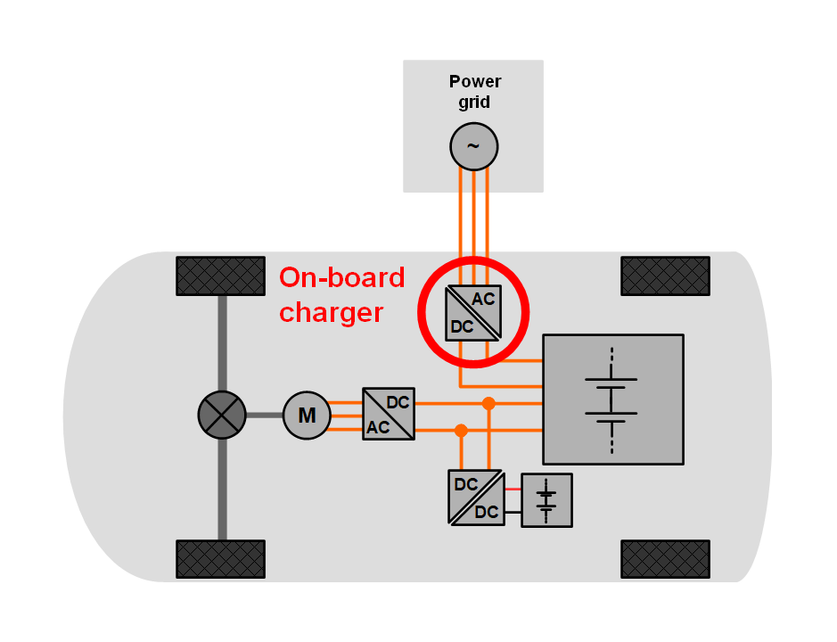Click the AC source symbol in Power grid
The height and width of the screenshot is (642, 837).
[473, 146]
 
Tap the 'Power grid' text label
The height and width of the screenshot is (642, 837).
[474, 92]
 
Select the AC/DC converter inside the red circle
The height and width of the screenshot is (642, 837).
[473, 313]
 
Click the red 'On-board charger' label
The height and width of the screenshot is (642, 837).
[341, 295]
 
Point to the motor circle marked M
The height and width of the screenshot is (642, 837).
[307, 416]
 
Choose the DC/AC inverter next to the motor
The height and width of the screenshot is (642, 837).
[389, 414]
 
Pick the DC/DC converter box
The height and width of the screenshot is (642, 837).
[476, 498]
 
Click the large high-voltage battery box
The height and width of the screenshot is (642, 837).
[613, 399]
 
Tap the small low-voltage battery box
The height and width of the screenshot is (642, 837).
[546, 500]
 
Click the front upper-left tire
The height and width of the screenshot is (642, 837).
[220, 276]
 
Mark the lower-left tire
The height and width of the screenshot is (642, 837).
[220, 559]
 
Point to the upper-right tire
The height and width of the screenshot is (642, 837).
[665, 276]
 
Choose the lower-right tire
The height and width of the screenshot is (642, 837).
[665, 559]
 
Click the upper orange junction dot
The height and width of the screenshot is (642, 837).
[488, 403]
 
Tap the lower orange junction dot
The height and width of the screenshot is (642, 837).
[461, 431]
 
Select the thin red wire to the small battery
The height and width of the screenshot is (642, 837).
[512, 489]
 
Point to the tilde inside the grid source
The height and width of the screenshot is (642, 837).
[473, 146]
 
